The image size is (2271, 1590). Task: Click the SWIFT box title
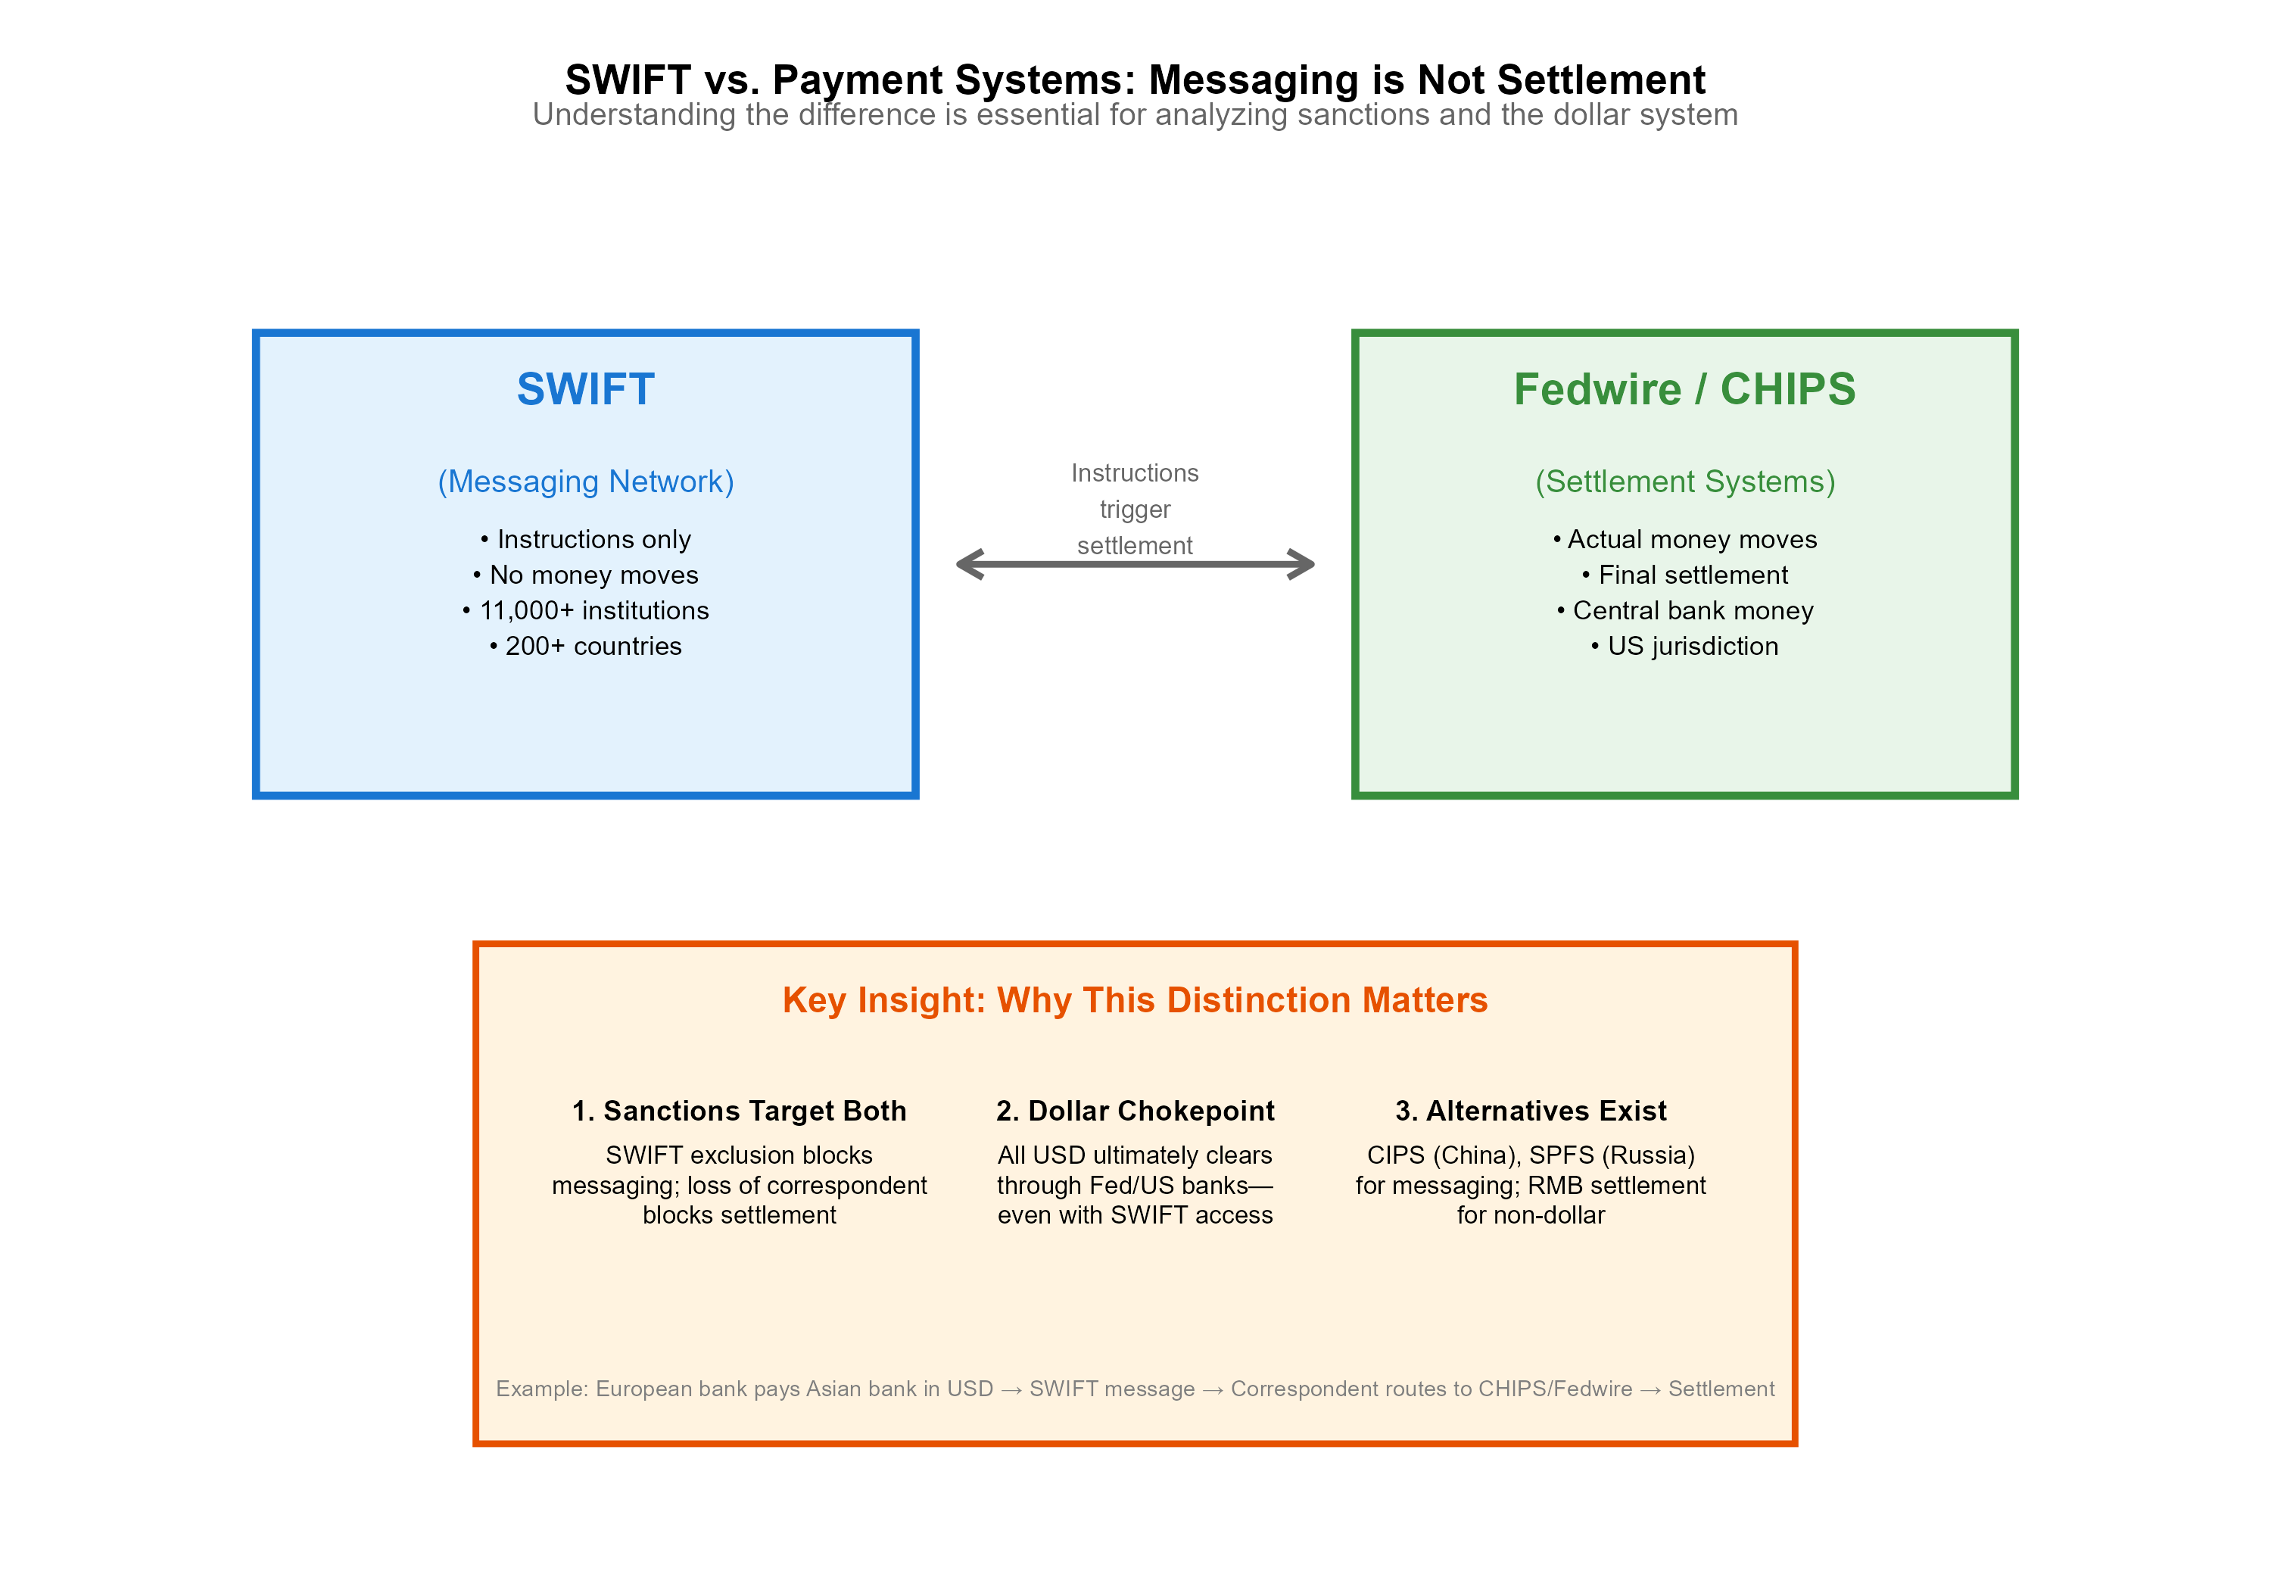click(586, 389)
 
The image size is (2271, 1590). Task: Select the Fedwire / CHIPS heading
click(1684, 389)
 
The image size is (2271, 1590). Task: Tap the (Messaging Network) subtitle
click(586, 482)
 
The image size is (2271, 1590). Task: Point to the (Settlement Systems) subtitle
click(1684, 482)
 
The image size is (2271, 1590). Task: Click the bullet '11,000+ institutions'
click(586, 610)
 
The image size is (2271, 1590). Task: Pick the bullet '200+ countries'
click(586, 646)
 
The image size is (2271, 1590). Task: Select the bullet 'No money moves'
click(586, 575)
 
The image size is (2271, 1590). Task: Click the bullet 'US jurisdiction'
click(1684, 646)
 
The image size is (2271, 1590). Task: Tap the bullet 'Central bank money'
click(1684, 610)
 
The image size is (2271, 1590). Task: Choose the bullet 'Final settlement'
click(1684, 575)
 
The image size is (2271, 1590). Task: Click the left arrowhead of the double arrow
click(969, 564)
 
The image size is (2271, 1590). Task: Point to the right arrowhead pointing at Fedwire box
click(1302, 564)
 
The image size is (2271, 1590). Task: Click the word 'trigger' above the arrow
click(1135, 510)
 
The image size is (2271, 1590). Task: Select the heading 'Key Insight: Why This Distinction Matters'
click(1135, 1000)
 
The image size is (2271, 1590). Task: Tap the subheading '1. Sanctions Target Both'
click(739, 1111)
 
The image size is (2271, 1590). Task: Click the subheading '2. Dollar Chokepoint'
click(1135, 1111)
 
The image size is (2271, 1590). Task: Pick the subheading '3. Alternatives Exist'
click(1530, 1111)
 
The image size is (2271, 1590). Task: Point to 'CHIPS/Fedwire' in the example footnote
click(1555, 1389)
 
